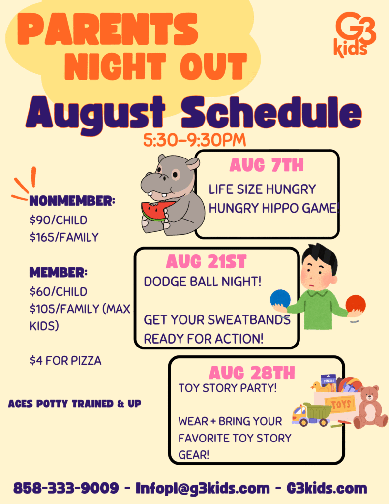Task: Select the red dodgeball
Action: [356, 304]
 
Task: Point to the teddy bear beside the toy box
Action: [370, 407]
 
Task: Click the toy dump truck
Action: [311, 414]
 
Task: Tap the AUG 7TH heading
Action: [266, 165]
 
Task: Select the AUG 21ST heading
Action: [206, 262]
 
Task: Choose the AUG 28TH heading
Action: [252, 373]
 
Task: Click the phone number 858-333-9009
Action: [66, 488]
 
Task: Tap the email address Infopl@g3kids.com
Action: [203, 488]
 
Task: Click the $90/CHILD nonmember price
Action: [59, 220]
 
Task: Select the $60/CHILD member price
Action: [59, 291]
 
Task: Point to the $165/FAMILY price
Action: [64, 237]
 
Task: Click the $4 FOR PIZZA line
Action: [65, 361]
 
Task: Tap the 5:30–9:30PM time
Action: [195, 140]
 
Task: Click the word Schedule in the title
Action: [272, 113]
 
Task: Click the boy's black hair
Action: [320, 256]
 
